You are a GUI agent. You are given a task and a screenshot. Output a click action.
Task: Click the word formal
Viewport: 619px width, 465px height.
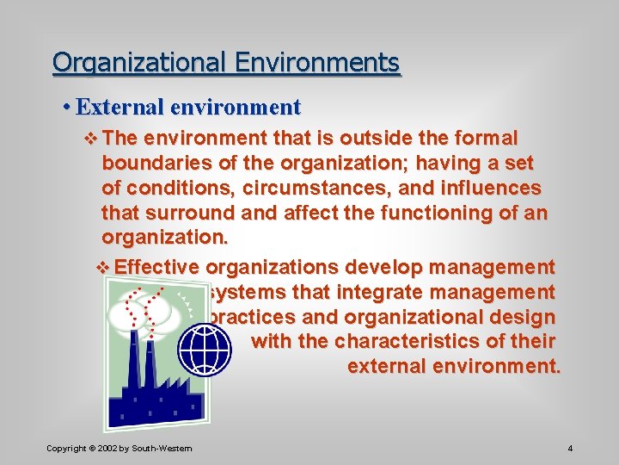487,138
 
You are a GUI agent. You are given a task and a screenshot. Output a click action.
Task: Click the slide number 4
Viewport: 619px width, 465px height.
570,449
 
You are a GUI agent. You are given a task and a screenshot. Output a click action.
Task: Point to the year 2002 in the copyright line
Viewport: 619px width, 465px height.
107,449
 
